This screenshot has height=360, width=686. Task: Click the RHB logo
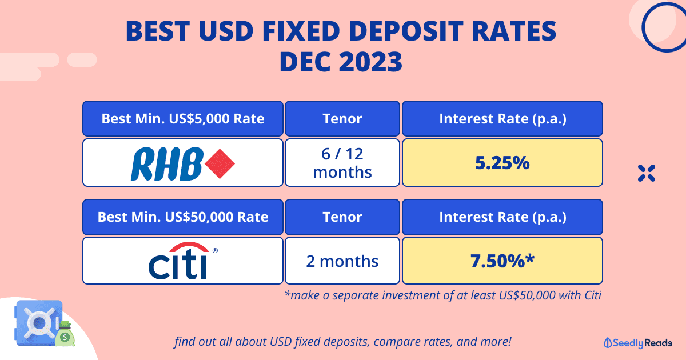pos(183,163)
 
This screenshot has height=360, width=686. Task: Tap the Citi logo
pos(183,261)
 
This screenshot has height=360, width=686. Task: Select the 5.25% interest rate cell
pos(502,162)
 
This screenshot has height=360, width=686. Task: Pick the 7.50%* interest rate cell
pos(502,261)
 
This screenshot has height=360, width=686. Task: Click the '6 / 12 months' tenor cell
pos(342,162)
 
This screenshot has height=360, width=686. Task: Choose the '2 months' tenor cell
pos(342,261)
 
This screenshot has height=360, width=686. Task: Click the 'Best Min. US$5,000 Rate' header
pos(183,118)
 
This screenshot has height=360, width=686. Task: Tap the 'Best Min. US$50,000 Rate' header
pos(183,217)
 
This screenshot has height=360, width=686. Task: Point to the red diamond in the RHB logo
pos(220,164)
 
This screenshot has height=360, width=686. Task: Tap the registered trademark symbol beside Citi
pos(215,251)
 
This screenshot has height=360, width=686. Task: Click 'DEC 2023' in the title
pos(341,62)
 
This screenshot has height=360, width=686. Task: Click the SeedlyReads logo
pos(638,343)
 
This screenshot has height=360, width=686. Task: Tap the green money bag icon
pos(65,334)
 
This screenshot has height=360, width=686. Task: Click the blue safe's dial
pos(39,323)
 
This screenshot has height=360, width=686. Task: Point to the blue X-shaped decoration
pos(647,173)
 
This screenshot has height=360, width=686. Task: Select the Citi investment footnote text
pos(443,295)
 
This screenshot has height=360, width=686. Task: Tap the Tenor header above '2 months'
pos(342,217)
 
